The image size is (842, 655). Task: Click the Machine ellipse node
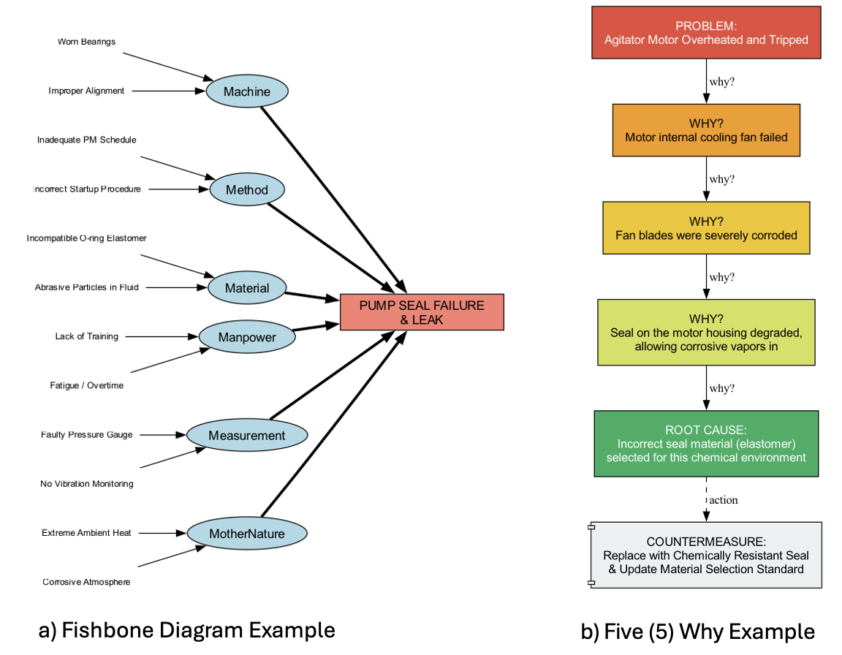tap(247, 91)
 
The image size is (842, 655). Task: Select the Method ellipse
tap(247, 190)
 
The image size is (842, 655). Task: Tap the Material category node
tap(247, 288)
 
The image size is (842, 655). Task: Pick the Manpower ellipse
tap(247, 337)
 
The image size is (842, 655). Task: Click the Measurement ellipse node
tap(247, 436)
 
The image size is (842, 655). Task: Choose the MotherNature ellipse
tap(247, 534)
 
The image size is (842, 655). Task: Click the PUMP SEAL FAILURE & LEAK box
tap(422, 312)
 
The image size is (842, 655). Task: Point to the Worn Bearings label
tap(86, 42)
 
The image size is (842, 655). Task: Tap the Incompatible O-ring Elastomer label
tap(86, 238)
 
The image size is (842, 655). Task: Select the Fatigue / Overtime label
tap(86, 385)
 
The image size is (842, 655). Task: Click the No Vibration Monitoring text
tap(86, 484)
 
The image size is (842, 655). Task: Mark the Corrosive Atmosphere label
tap(86, 582)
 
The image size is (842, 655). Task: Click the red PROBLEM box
tap(706, 32)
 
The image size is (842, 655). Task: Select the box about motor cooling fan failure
tap(706, 130)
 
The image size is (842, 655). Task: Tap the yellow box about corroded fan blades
tap(706, 228)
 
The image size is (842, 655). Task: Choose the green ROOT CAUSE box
tap(706, 444)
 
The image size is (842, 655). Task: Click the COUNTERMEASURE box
tap(706, 555)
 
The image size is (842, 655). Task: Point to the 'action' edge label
tap(724, 500)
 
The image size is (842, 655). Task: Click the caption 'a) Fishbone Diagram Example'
tap(186, 630)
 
